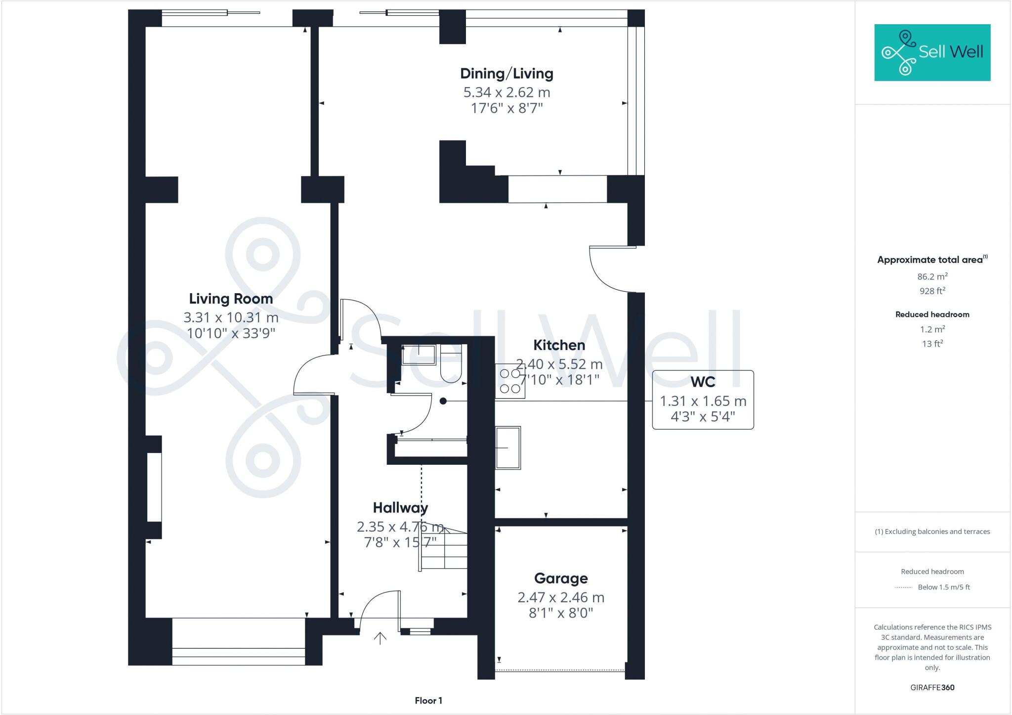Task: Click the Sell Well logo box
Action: (x=932, y=52)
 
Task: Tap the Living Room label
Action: (x=231, y=299)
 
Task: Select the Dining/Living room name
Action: (x=506, y=74)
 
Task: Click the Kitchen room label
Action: (x=559, y=345)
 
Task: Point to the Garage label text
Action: (x=561, y=578)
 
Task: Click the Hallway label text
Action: (x=400, y=508)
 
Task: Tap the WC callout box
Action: (x=703, y=400)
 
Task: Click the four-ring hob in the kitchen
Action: (x=510, y=381)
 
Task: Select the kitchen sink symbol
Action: (x=508, y=447)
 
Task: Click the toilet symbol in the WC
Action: (x=450, y=368)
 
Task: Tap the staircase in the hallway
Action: (x=443, y=549)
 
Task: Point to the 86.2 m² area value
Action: (x=932, y=276)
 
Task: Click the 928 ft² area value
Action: (x=932, y=291)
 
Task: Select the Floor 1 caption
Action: (x=428, y=701)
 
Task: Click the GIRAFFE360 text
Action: (x=932, y=687)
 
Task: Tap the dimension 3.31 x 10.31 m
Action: (x=231, y=317)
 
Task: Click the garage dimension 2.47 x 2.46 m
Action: (x=561, y=597)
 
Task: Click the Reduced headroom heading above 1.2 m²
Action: (x=932, y=314)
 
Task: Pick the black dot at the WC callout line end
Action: (x=443, y=401)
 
